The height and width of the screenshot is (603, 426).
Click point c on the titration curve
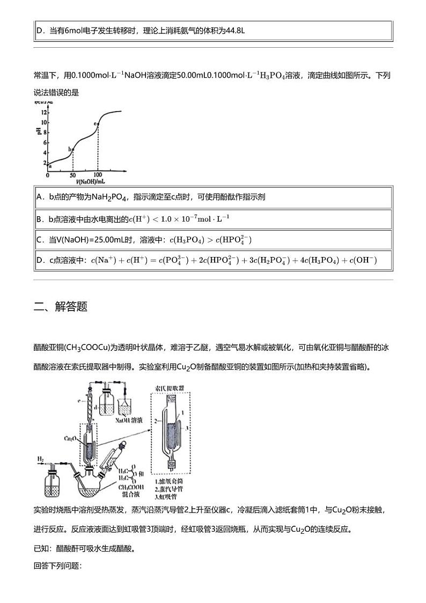98,124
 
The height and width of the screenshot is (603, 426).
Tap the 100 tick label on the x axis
98,175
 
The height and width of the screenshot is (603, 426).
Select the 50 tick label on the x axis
72,175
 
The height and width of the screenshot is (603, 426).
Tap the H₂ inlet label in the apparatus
41,460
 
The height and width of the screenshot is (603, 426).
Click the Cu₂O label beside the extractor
70,438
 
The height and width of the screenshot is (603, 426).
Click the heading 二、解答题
60,307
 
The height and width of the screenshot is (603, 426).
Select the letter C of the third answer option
40,240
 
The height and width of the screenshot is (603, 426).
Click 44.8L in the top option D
234,31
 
